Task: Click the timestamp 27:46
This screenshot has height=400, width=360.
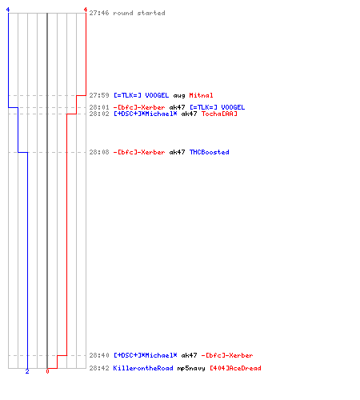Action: (99, 13)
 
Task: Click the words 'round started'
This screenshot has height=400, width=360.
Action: (139, 13)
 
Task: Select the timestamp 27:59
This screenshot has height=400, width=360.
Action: (99, 95)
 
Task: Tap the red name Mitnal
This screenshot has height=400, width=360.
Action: (201, 95)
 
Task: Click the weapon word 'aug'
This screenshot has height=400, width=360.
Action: (179, 96)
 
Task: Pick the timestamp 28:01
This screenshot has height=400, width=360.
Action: (99, 107)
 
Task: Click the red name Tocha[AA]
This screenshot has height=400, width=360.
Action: (219, 114)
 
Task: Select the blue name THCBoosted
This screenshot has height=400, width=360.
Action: (210, 152)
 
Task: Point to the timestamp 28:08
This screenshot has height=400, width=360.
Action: (99, 152)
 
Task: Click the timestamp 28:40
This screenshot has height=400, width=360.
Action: (99, 355)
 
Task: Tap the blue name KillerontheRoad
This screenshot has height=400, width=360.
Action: (143, 368)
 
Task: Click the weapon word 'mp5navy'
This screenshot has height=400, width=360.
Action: (191, 369)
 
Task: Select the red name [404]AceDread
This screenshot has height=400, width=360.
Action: (235, 368)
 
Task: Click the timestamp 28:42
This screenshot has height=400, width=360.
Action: (99, 368)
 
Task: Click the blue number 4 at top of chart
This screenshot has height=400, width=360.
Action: (8, 10)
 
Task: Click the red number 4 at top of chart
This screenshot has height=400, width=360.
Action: (86, 10)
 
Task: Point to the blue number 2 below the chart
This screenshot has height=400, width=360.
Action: (27, 371)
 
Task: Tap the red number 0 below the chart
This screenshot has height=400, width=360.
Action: (47, 371)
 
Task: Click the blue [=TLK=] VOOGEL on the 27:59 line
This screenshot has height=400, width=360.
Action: (142, 95)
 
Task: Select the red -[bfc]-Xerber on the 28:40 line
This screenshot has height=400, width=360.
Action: (227, 355)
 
